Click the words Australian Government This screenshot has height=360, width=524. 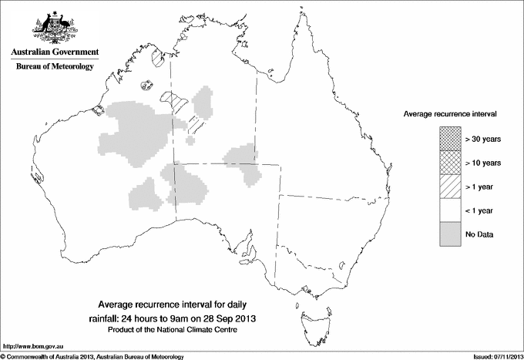[54, 52]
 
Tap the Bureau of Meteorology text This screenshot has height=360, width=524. [54, 67]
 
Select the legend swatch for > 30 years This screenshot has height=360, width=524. [450, 139]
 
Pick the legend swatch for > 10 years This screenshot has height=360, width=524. [450, 163]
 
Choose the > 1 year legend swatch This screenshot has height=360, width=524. [450, 187]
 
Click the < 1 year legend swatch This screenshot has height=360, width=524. [450, 210]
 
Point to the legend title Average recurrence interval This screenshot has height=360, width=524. [449, 113]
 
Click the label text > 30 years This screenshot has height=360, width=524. [483, 139]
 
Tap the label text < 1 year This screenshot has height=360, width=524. [480, 210]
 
